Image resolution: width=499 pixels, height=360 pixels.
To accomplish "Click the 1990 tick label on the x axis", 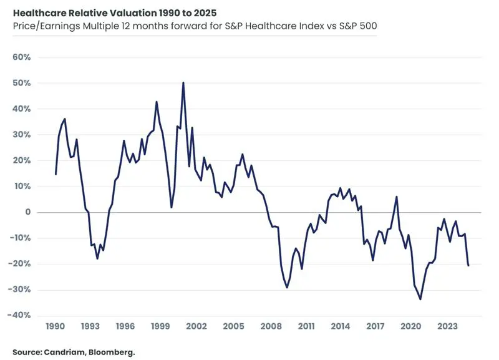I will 56,326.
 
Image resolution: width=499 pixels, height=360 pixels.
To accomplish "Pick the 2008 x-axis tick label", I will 270,326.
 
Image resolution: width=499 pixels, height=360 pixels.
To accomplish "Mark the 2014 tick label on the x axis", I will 341,326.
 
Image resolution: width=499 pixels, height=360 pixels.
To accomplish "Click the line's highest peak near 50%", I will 183,82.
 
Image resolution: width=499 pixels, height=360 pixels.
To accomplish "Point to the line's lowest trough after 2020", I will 420,299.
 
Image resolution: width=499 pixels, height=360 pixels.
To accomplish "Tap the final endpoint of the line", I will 468,266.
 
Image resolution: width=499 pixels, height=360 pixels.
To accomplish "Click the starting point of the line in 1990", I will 56,174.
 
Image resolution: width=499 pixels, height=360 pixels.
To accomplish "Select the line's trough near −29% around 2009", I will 287,288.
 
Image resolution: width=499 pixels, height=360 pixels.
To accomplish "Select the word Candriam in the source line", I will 63,352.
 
